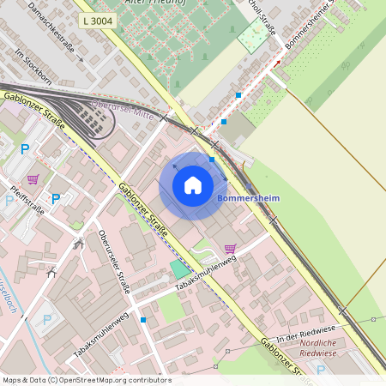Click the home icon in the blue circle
coord(193,184)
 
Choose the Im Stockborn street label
coord(33,65)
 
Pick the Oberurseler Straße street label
coord(113,262)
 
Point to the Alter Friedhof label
coord(172,3)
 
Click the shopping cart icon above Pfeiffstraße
coord(33,178)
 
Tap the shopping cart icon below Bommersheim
coord(230,249)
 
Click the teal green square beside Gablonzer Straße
coord(180,269)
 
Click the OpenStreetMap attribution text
coord(87,379)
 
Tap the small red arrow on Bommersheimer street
coord(277,63)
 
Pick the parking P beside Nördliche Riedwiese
coord(321,370)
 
